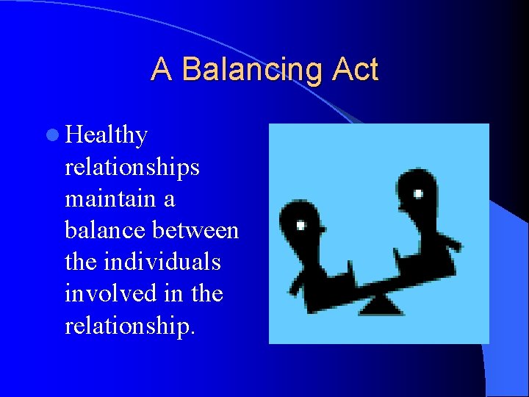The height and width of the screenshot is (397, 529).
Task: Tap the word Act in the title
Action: coord(355,70)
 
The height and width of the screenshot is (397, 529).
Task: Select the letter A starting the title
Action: coord(162,70)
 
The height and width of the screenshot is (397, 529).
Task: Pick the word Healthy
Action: coord(107,136)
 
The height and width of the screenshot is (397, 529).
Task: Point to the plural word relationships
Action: coord(132,168)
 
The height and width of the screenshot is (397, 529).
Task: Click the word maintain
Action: coord(110,199)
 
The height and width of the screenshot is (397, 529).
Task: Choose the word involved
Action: coord(107,294)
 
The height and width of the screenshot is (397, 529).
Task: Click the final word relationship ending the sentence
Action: coord(129,326)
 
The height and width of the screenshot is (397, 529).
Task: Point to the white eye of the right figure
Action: coord(418,194)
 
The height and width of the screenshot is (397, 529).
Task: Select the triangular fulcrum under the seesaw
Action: coord(382,304)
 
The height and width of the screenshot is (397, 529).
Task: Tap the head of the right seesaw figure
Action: coord(414,193)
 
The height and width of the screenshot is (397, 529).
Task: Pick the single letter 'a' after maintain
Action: coord(168,199)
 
